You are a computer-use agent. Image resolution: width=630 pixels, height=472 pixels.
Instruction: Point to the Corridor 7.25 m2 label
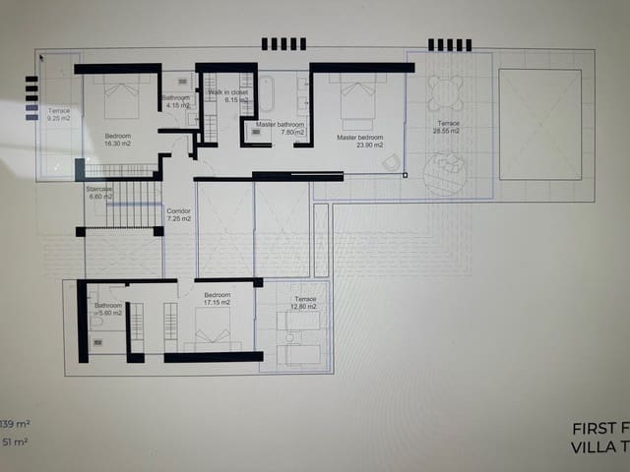[x=178, y=214]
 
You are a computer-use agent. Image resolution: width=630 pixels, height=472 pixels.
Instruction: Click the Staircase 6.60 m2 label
[x=100, y=192]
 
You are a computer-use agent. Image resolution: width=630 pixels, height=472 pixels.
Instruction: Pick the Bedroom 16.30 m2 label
[x=119, y=140]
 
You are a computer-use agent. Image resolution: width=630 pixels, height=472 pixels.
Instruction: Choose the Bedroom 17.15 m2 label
[x=217, y=299]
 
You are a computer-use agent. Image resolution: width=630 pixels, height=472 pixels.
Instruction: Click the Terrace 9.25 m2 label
[x=58, y=115]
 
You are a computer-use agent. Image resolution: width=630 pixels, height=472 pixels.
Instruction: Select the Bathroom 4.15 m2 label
[x=176, y=101]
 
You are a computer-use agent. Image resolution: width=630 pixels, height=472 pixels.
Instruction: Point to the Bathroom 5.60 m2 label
[x=108, y=310]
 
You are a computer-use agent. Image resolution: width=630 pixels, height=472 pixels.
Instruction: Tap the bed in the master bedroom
[x=357, y=98]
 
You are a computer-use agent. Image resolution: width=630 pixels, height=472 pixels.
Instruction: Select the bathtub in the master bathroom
[x=266, y=97]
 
